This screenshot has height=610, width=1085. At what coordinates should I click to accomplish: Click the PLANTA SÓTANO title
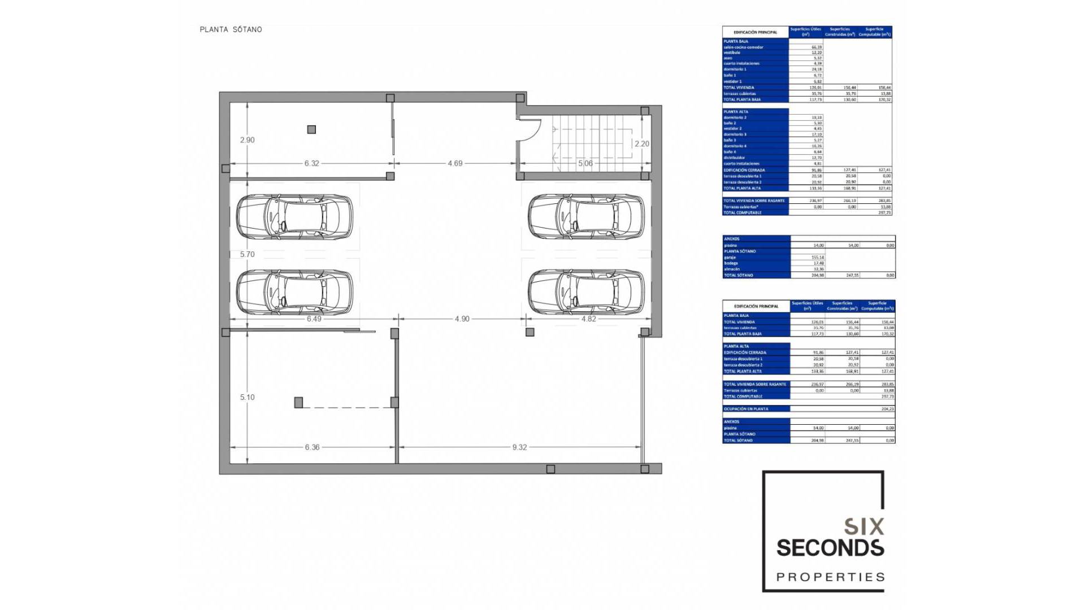tap(231, 29)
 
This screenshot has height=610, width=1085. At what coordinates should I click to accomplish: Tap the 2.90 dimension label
tap(247, 140)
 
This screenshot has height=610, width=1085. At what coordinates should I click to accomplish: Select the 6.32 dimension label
tap(311, 163)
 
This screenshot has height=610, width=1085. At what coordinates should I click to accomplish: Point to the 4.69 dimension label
tap(455, 163)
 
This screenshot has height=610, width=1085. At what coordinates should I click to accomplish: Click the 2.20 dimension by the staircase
tap(641, 144)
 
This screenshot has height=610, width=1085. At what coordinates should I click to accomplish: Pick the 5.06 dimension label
tap(585, 163)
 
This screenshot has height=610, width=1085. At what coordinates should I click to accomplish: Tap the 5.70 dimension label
tap(247, 254)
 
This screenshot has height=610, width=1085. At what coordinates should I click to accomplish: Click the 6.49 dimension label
tap(314, 319)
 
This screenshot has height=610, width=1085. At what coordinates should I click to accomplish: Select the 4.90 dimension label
tap(462, 319)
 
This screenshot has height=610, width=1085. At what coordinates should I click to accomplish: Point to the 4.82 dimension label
tap(588, 319)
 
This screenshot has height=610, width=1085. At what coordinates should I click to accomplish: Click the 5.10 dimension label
tap(247, 397)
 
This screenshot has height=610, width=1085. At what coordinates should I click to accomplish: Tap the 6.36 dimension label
tap(312, 447)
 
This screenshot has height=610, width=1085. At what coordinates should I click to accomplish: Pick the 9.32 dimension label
tap(519, 447)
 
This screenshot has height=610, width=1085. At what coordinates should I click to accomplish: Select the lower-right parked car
tap(586, 291)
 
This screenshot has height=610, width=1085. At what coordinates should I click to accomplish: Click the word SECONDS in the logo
tap(830, 548)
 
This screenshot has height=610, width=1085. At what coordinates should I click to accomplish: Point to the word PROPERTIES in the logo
tap(830, 577)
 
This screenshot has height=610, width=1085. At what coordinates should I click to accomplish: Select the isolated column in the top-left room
tap(311, 129)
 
